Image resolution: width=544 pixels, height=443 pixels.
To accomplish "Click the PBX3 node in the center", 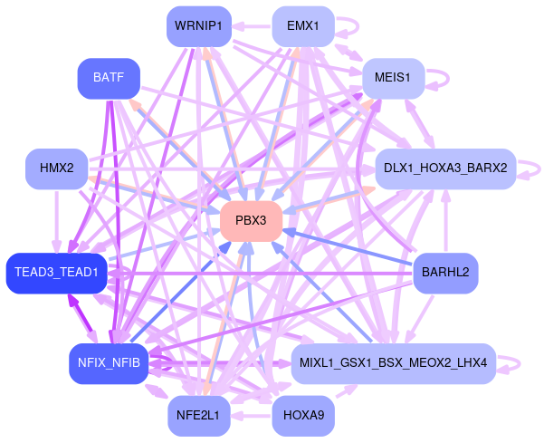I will pos(251,221).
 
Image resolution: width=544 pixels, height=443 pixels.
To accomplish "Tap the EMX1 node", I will pos(302,25).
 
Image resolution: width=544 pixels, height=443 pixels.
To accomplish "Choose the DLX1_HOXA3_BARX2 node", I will pos(444,169).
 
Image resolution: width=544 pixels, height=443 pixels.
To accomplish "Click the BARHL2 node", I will pos(444,272).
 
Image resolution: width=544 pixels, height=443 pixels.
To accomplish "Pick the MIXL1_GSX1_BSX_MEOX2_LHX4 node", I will pos(393,363).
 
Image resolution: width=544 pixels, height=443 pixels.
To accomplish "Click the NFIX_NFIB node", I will pos(108,363).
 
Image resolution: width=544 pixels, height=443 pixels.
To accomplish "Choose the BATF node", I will pos(109,78).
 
